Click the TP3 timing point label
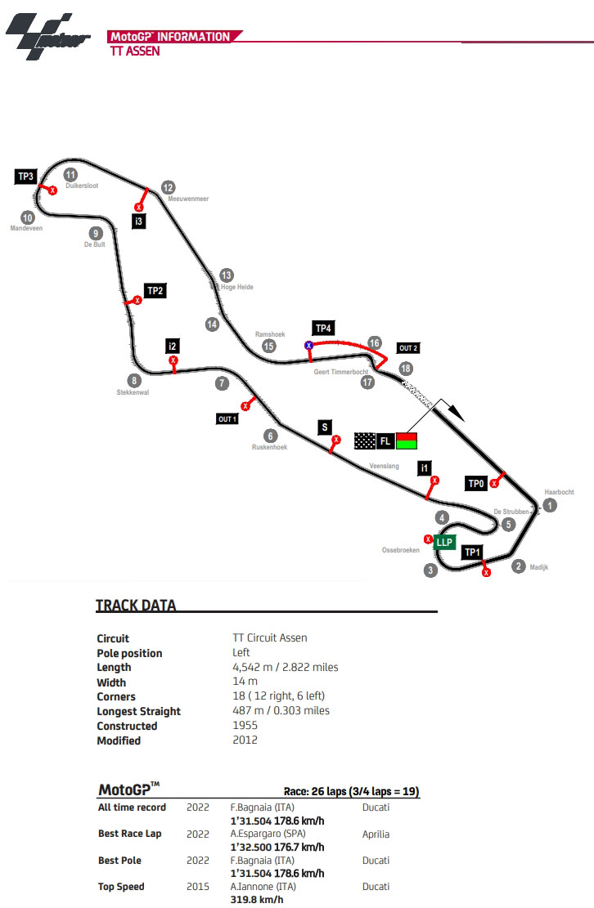pos(26,177)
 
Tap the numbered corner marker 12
pos(168,186)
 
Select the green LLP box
pos(444,541)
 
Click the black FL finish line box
pos(385,441)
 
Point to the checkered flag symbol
pos(365,441)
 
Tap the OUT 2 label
pos(408,348)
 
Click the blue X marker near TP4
pos(309,346)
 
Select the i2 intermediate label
pos(173,345)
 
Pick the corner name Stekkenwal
pos(133,392)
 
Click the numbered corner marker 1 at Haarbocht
pos(550,506)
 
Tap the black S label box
pos(325,427)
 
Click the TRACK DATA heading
pos(136,606)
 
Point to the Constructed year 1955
pos(245,726)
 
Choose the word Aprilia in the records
pos(376,834)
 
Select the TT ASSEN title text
pos(135,51)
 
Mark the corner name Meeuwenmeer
pos(188,199)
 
